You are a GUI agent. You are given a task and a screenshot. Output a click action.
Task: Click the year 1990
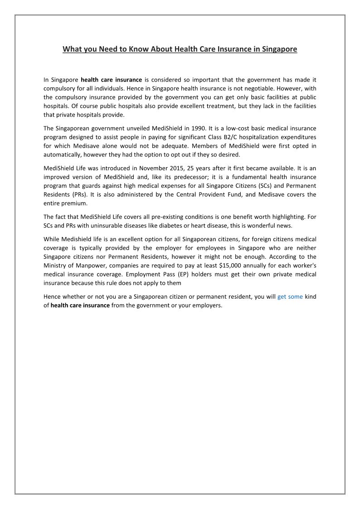[199, 128]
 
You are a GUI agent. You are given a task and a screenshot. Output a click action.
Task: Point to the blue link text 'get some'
[290, 297]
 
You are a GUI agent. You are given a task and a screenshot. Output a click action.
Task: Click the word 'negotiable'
[240, 88]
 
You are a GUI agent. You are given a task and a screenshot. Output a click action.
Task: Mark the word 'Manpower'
[86, 266]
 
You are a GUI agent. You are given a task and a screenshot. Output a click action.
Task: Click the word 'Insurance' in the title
[228, 49]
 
